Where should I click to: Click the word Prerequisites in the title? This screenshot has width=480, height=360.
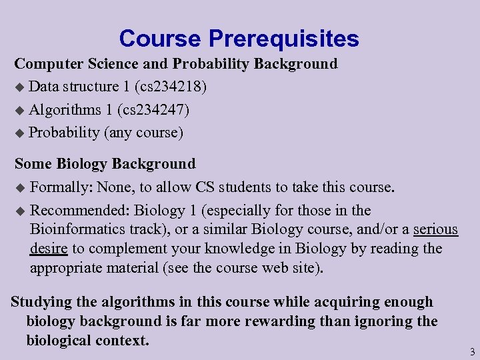point(284,39)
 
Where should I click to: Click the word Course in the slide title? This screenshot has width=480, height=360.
point(160,39)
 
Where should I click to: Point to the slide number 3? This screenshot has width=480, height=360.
point(472,351)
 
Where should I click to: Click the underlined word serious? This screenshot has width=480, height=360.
point(435,229)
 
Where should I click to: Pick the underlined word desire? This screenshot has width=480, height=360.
point(49,249)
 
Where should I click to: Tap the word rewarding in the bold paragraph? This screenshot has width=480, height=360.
point(281,321)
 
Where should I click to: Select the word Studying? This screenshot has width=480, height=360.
point(41,302)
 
